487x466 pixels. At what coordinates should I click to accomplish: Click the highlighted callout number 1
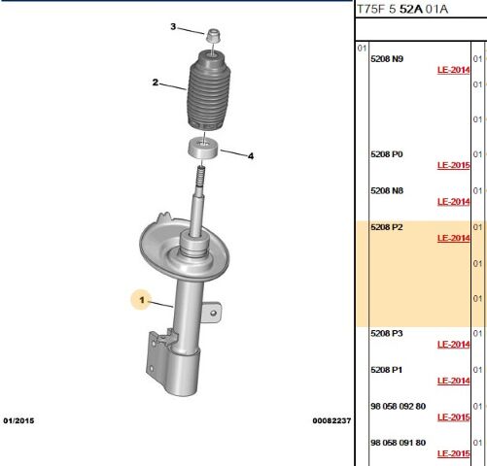142,300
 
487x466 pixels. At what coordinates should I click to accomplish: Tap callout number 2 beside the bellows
156,83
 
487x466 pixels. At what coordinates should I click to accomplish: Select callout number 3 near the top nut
173,26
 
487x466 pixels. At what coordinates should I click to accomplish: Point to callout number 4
251,156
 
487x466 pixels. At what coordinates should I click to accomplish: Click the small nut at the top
214,36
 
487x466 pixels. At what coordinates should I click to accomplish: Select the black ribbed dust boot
206,90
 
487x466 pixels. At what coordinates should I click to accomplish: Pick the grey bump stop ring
203,148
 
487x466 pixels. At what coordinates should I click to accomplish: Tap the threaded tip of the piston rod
201,175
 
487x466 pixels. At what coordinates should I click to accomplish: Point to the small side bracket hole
213,313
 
